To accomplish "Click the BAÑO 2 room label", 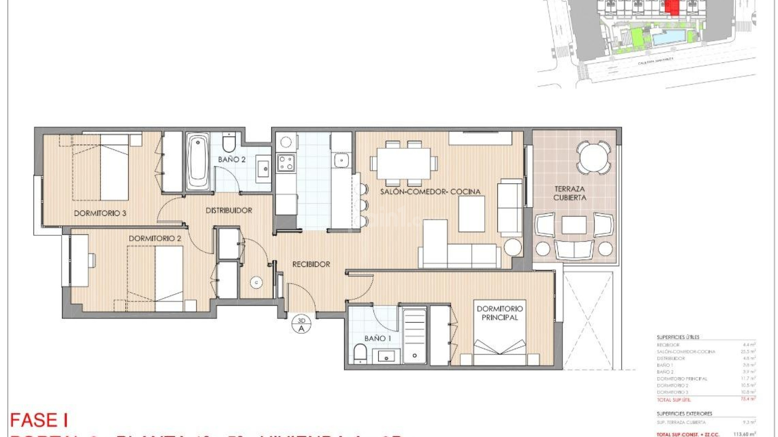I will (232, 159).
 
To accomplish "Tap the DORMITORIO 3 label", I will (100, 213).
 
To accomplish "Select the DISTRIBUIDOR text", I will (229, 210).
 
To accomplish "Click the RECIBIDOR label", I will (311, 264).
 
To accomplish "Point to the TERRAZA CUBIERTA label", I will (570, 193).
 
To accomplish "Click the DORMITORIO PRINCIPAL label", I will (500, 313).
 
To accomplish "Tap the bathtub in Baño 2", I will (198, 162).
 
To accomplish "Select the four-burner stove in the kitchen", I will (286, 163).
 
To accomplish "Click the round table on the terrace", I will (594, 157).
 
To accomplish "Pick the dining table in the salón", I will (403, 163).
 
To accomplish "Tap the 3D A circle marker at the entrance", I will (301, 325).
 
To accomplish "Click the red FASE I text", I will (39, 420).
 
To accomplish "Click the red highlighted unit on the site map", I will (671, 7).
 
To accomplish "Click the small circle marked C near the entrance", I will (256, 282).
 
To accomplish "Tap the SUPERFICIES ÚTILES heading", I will (678, 337).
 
